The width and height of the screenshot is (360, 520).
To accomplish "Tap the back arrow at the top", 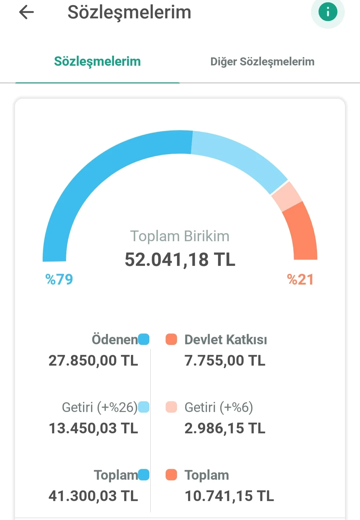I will (x=27, y=13).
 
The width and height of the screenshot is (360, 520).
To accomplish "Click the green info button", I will (x=328, y=12).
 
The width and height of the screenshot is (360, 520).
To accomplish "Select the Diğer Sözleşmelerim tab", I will (x=262, y=62).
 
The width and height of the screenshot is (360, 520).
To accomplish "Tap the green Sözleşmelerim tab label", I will (x=97, y=61).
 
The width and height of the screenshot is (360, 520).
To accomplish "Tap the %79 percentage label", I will (x=59, y=280).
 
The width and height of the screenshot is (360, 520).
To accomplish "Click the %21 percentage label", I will (x=300, y=280).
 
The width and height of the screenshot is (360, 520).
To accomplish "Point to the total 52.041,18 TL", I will (x=180, y=259).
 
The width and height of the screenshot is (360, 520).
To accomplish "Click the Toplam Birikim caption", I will (x=180, y=236).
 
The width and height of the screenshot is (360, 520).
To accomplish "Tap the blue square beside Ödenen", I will (x=144, y=339).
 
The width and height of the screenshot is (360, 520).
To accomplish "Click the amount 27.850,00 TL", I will (x=93, y=361).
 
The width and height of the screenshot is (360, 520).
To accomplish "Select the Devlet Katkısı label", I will (x=226, y=340).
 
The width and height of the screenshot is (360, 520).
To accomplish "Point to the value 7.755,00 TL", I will (x=225, y=361).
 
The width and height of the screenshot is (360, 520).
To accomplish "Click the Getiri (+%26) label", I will (x=100, y=407).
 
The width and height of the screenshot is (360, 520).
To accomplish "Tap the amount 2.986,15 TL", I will (x=225, y=428).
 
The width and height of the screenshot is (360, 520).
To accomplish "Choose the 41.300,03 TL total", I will (x=93, y=496).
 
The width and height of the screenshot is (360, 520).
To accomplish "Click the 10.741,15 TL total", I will (x=229, y=496).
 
